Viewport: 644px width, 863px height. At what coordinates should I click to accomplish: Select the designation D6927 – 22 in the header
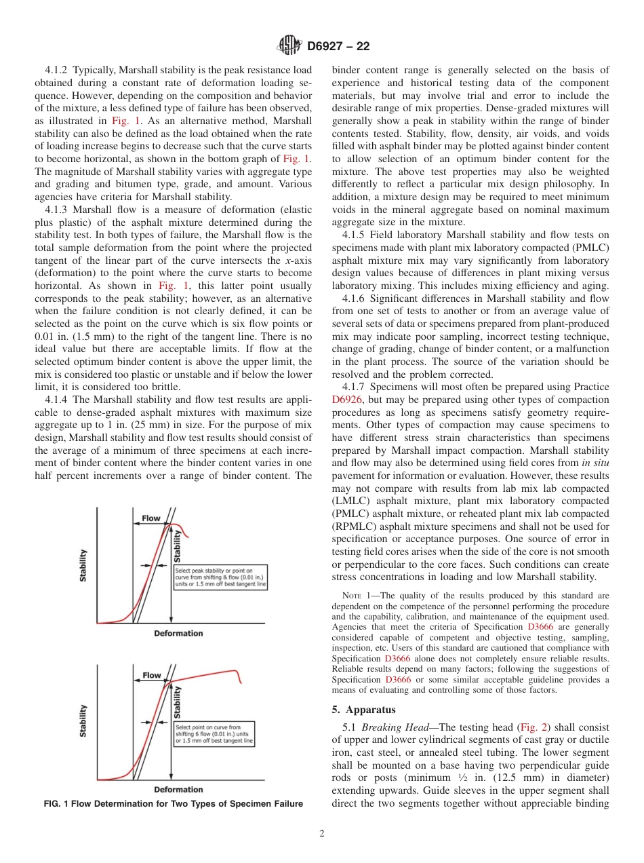click(338, 47)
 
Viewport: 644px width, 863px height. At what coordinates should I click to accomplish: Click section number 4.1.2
click(57, 70)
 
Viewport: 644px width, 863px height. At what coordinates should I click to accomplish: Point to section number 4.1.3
click(57, 210)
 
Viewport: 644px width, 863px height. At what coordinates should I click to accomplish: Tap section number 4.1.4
click(57, 399)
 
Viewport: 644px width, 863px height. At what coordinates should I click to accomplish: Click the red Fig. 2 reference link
click(530, 727)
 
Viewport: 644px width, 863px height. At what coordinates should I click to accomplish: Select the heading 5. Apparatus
click(365, 710)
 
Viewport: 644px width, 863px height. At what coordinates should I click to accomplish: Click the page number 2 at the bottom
click(321, 834)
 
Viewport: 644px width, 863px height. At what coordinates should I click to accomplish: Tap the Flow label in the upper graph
click(151, 518)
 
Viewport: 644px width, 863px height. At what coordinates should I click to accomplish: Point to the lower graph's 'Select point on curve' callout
click(214, 735)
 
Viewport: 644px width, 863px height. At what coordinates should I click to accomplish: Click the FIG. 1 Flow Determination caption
click(173, 804)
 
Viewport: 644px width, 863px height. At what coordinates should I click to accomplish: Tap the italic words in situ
click(597, 463)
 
